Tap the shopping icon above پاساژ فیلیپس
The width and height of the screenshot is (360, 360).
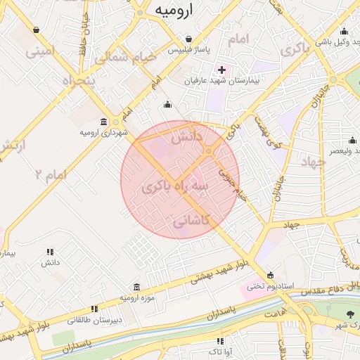(188, 39)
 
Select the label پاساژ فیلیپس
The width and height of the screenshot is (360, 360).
(188, 51)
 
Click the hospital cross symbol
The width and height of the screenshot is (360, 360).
(222, 69)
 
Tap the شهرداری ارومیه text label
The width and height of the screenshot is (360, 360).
(103, 132)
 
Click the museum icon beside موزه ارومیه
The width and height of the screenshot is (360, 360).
(136, 287)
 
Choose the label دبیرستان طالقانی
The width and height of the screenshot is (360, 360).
(94, 319)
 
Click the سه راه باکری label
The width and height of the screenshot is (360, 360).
(174, 188)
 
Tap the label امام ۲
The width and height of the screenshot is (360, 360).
(50, 173)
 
